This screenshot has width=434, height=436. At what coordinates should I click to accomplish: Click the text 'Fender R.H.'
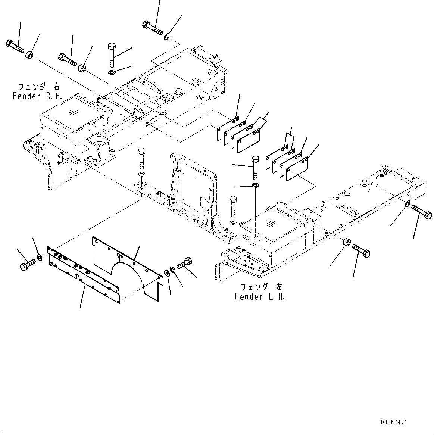click(37, 96)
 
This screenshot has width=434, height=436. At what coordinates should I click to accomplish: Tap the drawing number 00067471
click(394, 422)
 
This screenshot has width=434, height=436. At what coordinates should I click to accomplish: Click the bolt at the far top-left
click(15, 46)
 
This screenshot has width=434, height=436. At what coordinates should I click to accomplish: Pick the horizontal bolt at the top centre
click(152, 28)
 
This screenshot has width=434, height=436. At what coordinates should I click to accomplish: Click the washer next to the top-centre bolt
click(167, 36)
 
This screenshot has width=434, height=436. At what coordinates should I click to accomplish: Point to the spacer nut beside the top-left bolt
click(30, 56)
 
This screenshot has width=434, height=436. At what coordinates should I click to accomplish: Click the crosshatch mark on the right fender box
click(74, 112)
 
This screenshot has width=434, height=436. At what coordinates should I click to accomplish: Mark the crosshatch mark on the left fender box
click(271, 224)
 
